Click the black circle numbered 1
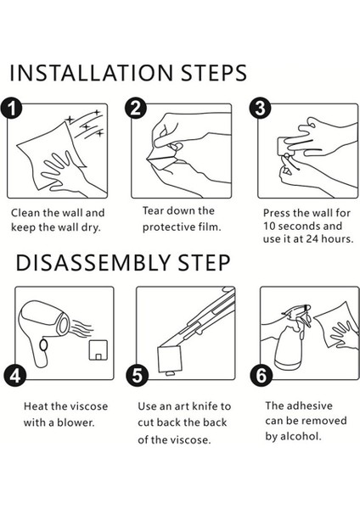[x=11, y=108]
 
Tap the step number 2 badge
[x=136, y=108]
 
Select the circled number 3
[x=260, y=108]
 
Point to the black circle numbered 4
[x=14, y=376]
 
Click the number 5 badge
[x=137, y=376]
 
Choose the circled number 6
[x=261, y=376]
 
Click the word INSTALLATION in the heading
[x=92, y=73]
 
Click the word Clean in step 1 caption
[x=25, y=213]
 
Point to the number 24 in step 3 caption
[x=314, y=239]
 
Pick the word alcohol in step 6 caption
[x=301, y=436]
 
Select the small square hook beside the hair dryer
[x=98, y=350]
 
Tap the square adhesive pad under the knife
[x=169, y=359]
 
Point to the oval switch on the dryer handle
[x=43, y=345]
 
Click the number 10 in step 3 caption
[x=269, y=227]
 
